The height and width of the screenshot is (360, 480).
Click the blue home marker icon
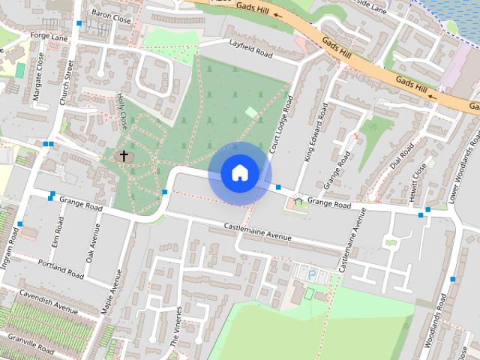point(239,173)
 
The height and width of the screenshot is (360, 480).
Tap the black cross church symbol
point(124,156)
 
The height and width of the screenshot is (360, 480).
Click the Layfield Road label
point(250,52)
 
